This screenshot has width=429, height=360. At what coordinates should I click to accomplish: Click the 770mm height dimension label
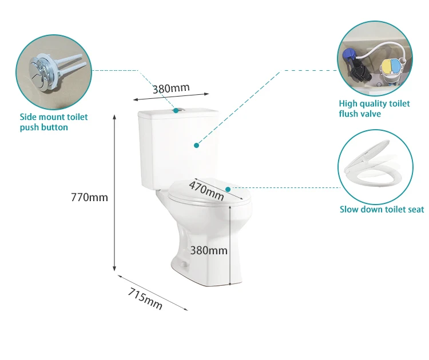tap(89, 198)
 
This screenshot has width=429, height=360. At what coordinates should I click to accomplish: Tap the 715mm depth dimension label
tap(145, 299)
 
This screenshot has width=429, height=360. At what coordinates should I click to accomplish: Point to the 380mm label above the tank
tap(171, 88)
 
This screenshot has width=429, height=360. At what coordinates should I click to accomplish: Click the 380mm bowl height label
tap(209, 250)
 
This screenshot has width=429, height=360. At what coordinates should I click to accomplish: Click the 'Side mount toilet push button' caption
tap(54, 122)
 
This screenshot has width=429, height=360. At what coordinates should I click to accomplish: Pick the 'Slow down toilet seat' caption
tap(382, 210)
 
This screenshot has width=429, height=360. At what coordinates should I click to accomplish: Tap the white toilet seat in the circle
tap(375, 166)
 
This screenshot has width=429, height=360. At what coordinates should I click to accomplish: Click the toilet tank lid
tap(178, 113)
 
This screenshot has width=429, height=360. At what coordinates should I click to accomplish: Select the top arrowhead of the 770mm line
tap(115, 117)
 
